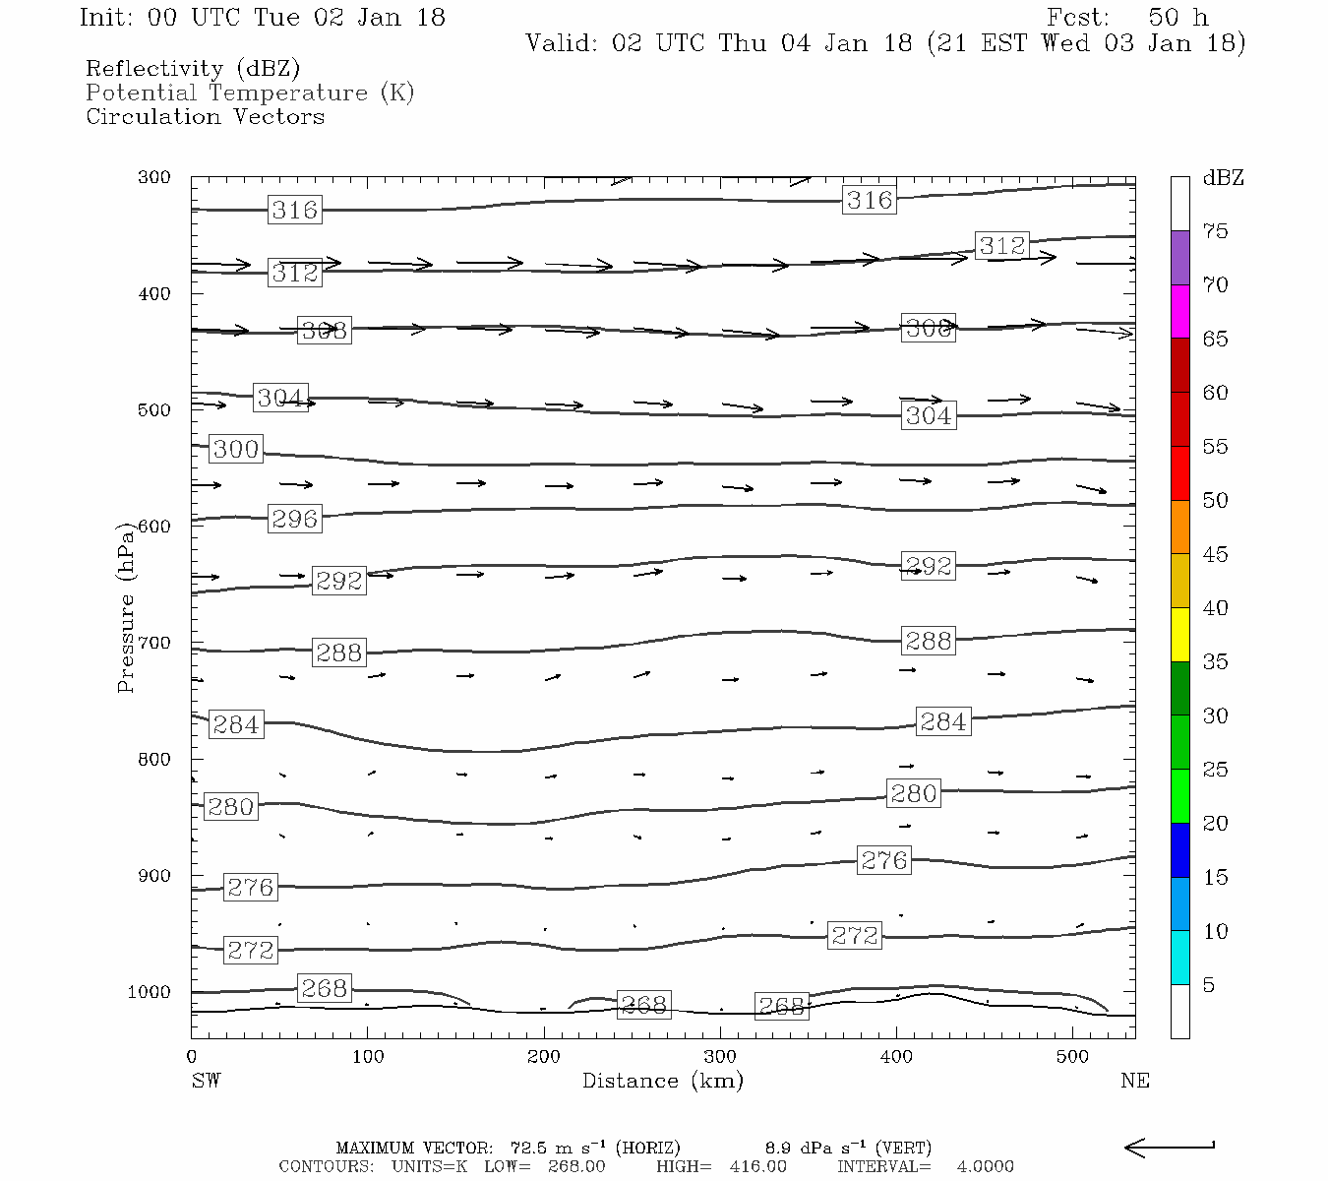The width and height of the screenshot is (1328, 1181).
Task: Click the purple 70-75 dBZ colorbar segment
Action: [1179, 258]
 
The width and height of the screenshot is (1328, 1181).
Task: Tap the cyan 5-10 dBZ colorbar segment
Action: [1179, 958]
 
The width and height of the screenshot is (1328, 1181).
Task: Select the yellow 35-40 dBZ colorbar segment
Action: [1179, 635]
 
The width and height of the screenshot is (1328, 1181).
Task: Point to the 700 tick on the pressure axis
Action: [154, 643]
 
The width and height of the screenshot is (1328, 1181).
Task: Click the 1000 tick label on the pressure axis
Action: [150, 992]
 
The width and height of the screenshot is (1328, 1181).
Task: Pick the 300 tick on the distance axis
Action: [720, 1056]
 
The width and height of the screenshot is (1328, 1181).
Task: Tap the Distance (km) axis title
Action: [662, 1081]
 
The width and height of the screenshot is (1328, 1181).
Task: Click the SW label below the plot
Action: [206, 1081]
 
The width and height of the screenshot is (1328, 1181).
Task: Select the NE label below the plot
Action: [1134, 1081]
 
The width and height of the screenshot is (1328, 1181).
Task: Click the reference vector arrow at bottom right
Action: [1169, 1148]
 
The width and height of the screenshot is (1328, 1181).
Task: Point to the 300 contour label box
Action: [236, 450]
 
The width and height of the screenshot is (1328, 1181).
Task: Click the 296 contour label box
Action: [295, 519]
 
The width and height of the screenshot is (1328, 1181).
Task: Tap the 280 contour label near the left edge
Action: [231, 807]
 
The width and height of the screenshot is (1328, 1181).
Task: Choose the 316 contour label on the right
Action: [870, 201]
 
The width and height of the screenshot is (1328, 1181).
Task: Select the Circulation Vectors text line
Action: [205, 116]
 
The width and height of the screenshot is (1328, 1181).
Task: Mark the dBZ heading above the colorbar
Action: [1223, 178]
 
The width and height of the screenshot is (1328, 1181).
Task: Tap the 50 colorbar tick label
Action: [1215, 501]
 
